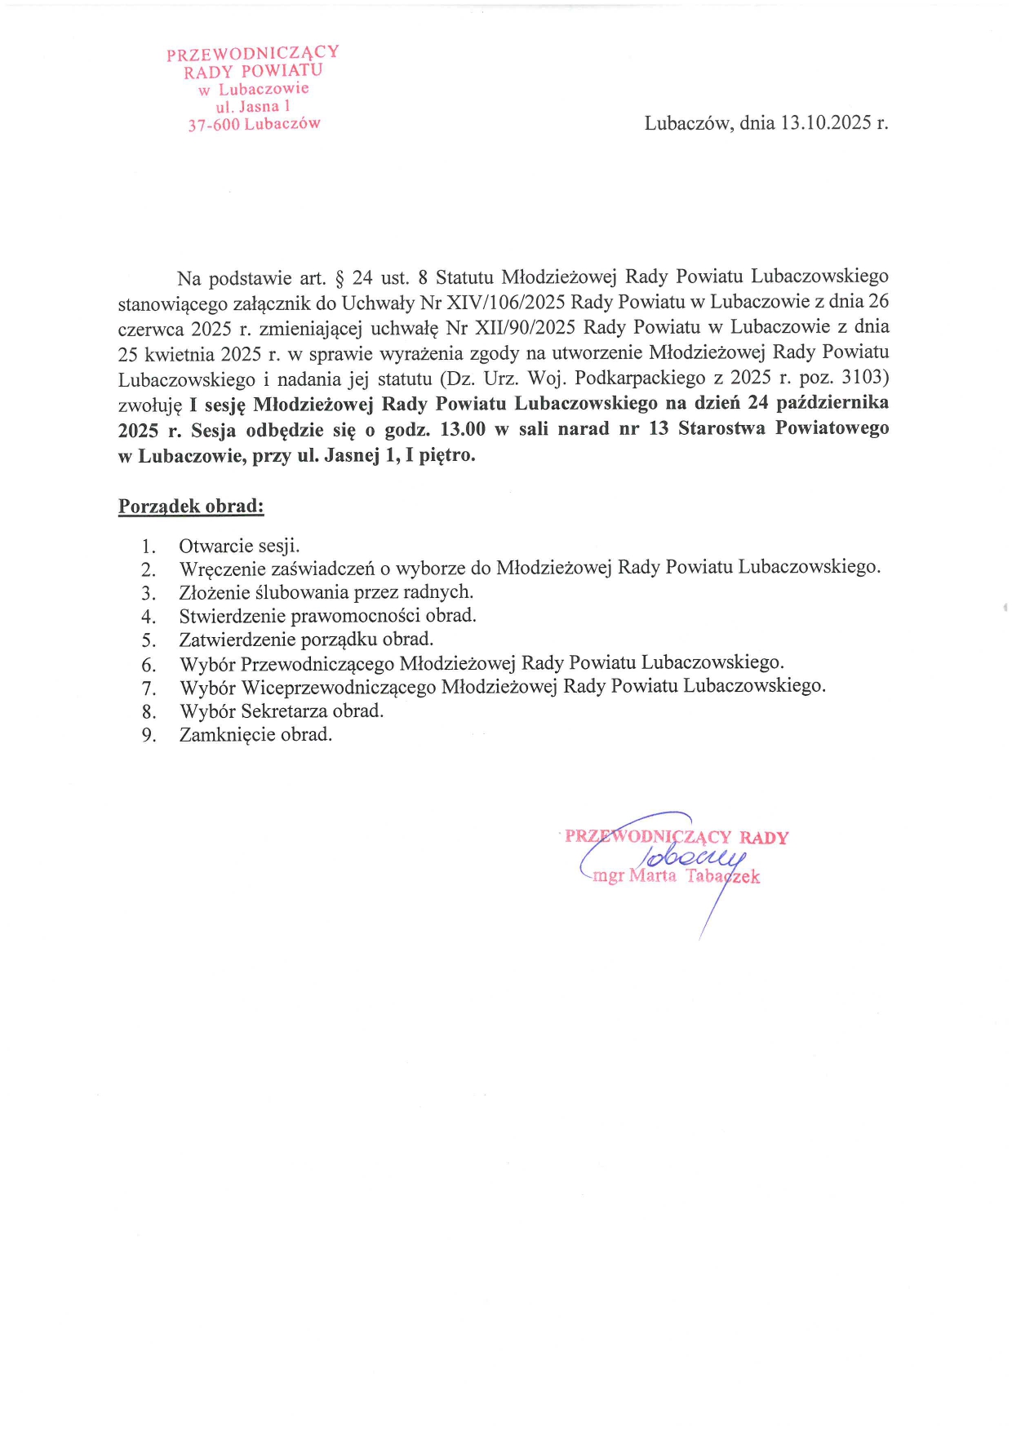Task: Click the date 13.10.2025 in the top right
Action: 826,123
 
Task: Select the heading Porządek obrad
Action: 191,507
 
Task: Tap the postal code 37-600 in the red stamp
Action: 214,126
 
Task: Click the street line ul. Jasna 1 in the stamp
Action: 253,107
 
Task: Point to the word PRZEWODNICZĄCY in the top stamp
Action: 252,54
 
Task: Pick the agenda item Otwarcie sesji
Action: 239,546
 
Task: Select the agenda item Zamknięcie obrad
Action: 255,735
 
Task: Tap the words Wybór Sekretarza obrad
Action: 282,711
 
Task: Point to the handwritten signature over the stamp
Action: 694,857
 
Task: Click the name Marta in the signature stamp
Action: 653,877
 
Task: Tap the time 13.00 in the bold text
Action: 463,429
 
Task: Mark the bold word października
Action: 832,403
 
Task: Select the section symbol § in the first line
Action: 339,278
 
